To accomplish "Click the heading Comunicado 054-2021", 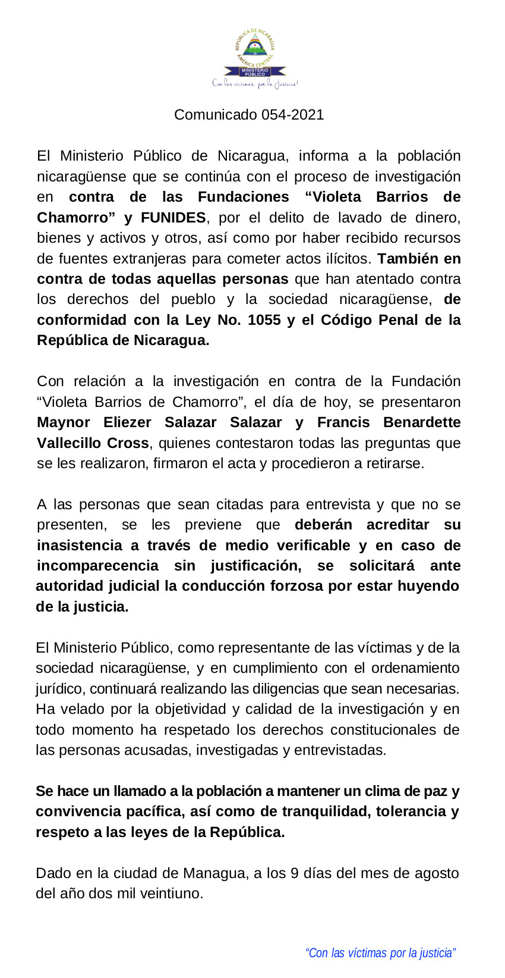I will (x=249, y=115).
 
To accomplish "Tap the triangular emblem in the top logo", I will (x=255, y=48).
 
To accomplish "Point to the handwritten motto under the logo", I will (x=255, y=84).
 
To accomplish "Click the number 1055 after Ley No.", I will (x=264, y=320).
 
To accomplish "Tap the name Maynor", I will (x=63, y=422).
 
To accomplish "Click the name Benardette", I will (x=422, y=422).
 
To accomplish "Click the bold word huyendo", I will (x=428, y=586).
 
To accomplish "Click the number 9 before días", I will (x=294, y=873).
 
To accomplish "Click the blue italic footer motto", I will (x=380, y=953).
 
